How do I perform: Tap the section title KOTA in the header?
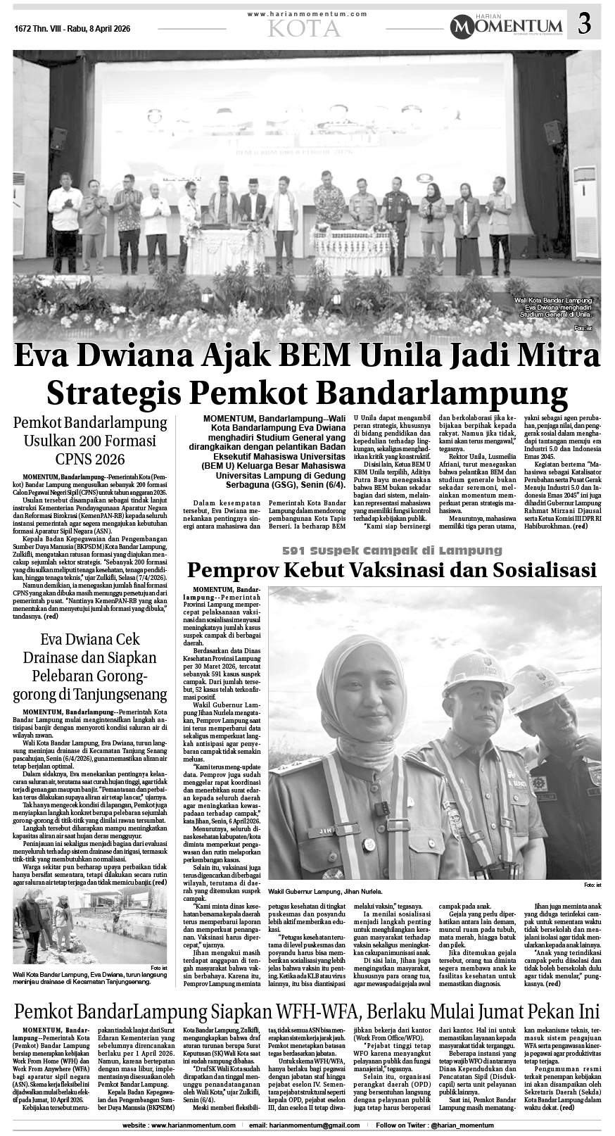(304, 28)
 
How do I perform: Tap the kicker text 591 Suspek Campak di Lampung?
(393, 550)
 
